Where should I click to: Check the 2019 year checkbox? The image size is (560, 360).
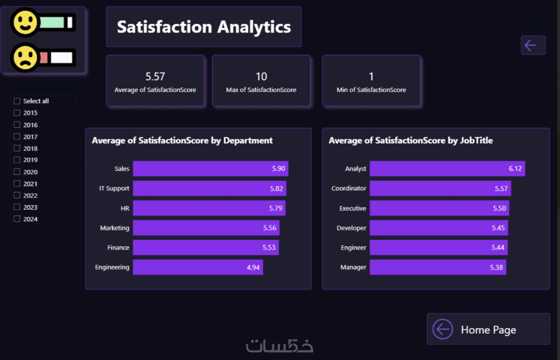point(17,160)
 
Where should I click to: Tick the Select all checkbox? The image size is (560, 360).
point(17,101)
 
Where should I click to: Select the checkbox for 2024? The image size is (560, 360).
point(17,219)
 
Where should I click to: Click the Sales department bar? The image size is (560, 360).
point(210,169)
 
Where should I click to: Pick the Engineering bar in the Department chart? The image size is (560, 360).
point(197,267)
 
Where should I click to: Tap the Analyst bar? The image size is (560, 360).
point(447,169)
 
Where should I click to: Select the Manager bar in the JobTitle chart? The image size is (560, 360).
point(437,267)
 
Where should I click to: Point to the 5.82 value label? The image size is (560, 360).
point(276,188)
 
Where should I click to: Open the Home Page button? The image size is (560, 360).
point(488,329)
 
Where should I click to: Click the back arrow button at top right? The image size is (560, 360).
point(533,45)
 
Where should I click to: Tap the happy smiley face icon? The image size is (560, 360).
point(24,23)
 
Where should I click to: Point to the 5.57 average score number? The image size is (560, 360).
point(155,77)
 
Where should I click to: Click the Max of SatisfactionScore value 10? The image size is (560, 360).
point(261,77)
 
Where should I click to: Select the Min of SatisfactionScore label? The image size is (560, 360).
point(371,90)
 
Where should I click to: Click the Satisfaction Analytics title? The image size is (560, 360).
point(203,27)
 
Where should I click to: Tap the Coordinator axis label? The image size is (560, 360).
point(349,188)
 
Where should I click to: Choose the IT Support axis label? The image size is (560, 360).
point(114,188)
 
